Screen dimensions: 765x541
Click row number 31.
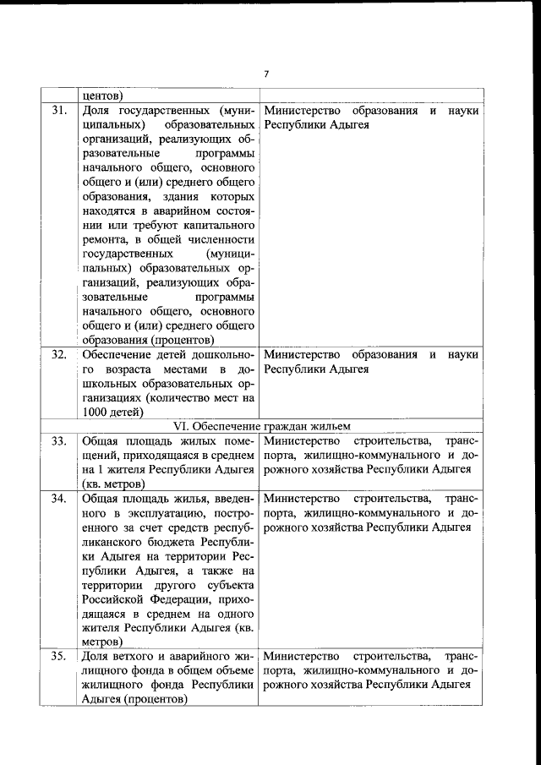click(x=58, y=111)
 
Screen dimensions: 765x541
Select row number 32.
click(x=58, y=354)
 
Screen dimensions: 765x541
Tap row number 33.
click(x=58, y=440)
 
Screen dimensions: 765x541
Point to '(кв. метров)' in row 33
click(x=114, y=484)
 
